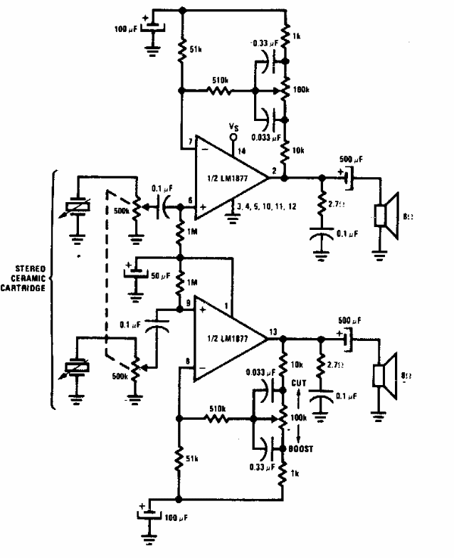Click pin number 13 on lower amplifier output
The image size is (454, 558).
(x=273, y=332)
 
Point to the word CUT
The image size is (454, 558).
(x=300, y=384)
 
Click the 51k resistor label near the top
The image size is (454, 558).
(x=200, y=51)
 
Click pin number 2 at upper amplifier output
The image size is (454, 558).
(x=274, y=171)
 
